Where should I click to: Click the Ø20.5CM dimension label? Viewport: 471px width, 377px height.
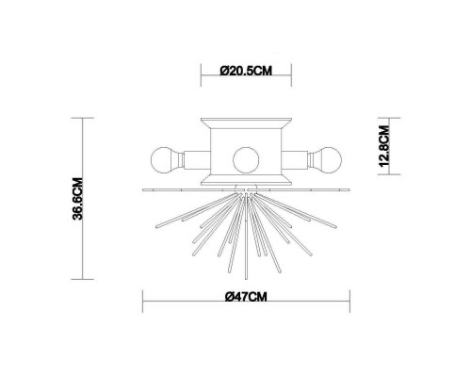point(245,70)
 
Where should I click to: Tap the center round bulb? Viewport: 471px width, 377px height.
point(246,156)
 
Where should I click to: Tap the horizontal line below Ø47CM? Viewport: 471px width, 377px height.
point(247,310)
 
